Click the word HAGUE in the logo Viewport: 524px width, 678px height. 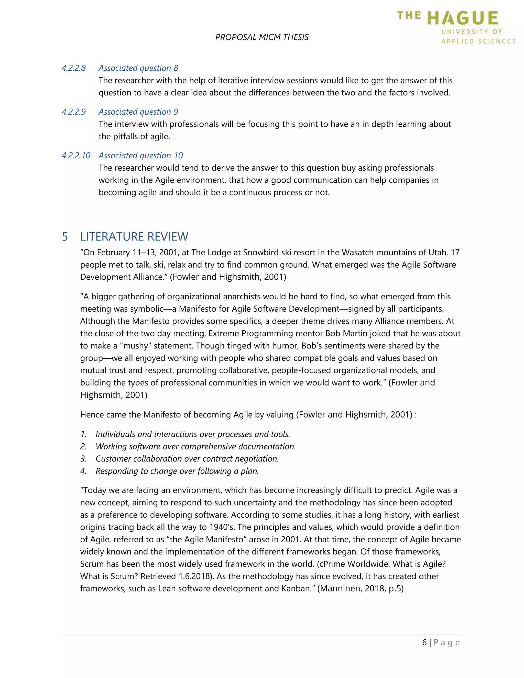[x=463, y=19]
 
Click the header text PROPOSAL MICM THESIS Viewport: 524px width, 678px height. [x=262, y=37]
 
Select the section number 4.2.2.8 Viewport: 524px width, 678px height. [x=74, y=68]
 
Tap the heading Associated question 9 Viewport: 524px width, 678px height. [x=138, y=112]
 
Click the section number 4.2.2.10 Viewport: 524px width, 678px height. [x=76, y=156]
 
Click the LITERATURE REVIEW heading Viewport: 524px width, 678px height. [x=134, y=237]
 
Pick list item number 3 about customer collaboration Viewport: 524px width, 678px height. [x=187, y=459]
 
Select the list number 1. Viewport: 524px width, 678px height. [x=83, y=434]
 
